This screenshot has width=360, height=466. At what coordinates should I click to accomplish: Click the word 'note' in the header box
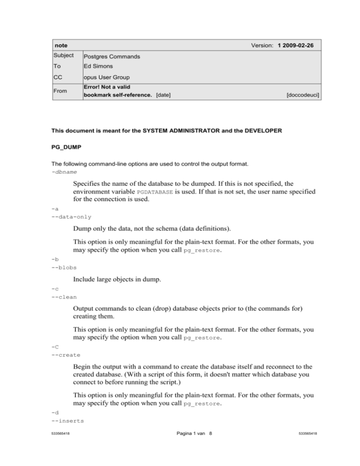click(x=61, y=45)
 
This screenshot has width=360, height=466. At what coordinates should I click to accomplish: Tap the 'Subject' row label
click(x=64, y=56)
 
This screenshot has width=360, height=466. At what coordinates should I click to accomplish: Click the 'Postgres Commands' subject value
click(x=113, y=57)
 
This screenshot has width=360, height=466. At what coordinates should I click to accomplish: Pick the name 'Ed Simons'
click(x=99, y=68)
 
